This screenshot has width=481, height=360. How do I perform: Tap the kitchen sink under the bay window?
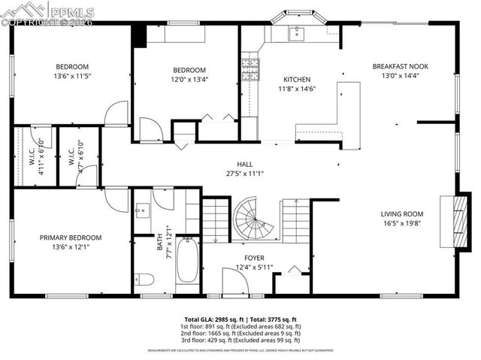(x=296, y=32)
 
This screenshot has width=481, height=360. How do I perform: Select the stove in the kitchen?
(x=250, y=70)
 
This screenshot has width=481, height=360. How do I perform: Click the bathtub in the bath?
(x=187, y=260)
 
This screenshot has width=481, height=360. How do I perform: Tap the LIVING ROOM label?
(x=401, y=213)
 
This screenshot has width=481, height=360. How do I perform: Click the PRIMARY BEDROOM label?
(x=71, y=237)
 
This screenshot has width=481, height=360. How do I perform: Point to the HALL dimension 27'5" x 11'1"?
(x=245, y=174)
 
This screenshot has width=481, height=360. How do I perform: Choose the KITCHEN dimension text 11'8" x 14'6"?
(x=296, y=89)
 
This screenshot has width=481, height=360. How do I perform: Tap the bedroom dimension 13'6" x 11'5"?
(x=71, y=76)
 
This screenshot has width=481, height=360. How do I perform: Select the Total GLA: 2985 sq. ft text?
(x=214, y=319)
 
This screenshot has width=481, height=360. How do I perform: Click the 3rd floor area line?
(x=240, y=340)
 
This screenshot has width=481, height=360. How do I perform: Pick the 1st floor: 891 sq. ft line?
(x=240, y=326)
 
